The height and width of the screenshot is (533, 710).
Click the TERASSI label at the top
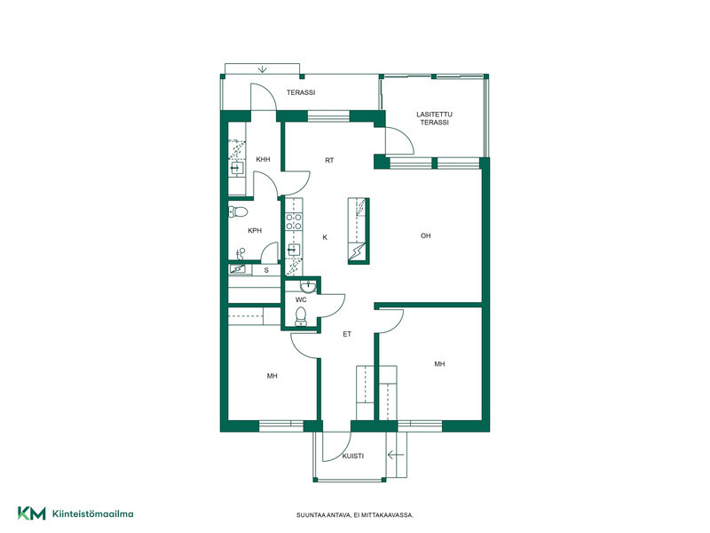coord(301,92)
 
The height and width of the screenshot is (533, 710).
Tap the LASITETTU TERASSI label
coord(434,118)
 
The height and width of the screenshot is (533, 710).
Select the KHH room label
coord(263,160)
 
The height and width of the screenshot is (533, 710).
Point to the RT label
coord(329,161)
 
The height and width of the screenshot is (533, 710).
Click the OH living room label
coord(426,235)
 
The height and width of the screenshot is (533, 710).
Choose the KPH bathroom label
coord(255,231)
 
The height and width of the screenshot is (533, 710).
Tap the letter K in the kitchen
coord(325,237)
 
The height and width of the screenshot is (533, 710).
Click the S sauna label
coord(266,270)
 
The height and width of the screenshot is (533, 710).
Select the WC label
coord(301,299)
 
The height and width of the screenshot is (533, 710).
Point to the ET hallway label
coord(347,334)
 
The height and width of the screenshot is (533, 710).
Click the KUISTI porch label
coord(352,457)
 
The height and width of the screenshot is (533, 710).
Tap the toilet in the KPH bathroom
coord(238,211)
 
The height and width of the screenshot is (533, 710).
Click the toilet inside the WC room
coord(301,316)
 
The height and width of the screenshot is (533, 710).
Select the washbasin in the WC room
coord(308,286)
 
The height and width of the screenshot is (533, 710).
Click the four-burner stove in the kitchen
coord(294,222)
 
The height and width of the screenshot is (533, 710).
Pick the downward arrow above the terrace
coord(263,69)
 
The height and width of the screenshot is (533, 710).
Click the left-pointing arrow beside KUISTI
coord(396,455)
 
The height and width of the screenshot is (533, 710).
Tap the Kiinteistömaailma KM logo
coord(32,513)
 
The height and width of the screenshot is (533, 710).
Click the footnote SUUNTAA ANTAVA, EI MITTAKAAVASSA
coord(355,515)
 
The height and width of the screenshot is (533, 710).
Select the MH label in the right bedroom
coord(439,364)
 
